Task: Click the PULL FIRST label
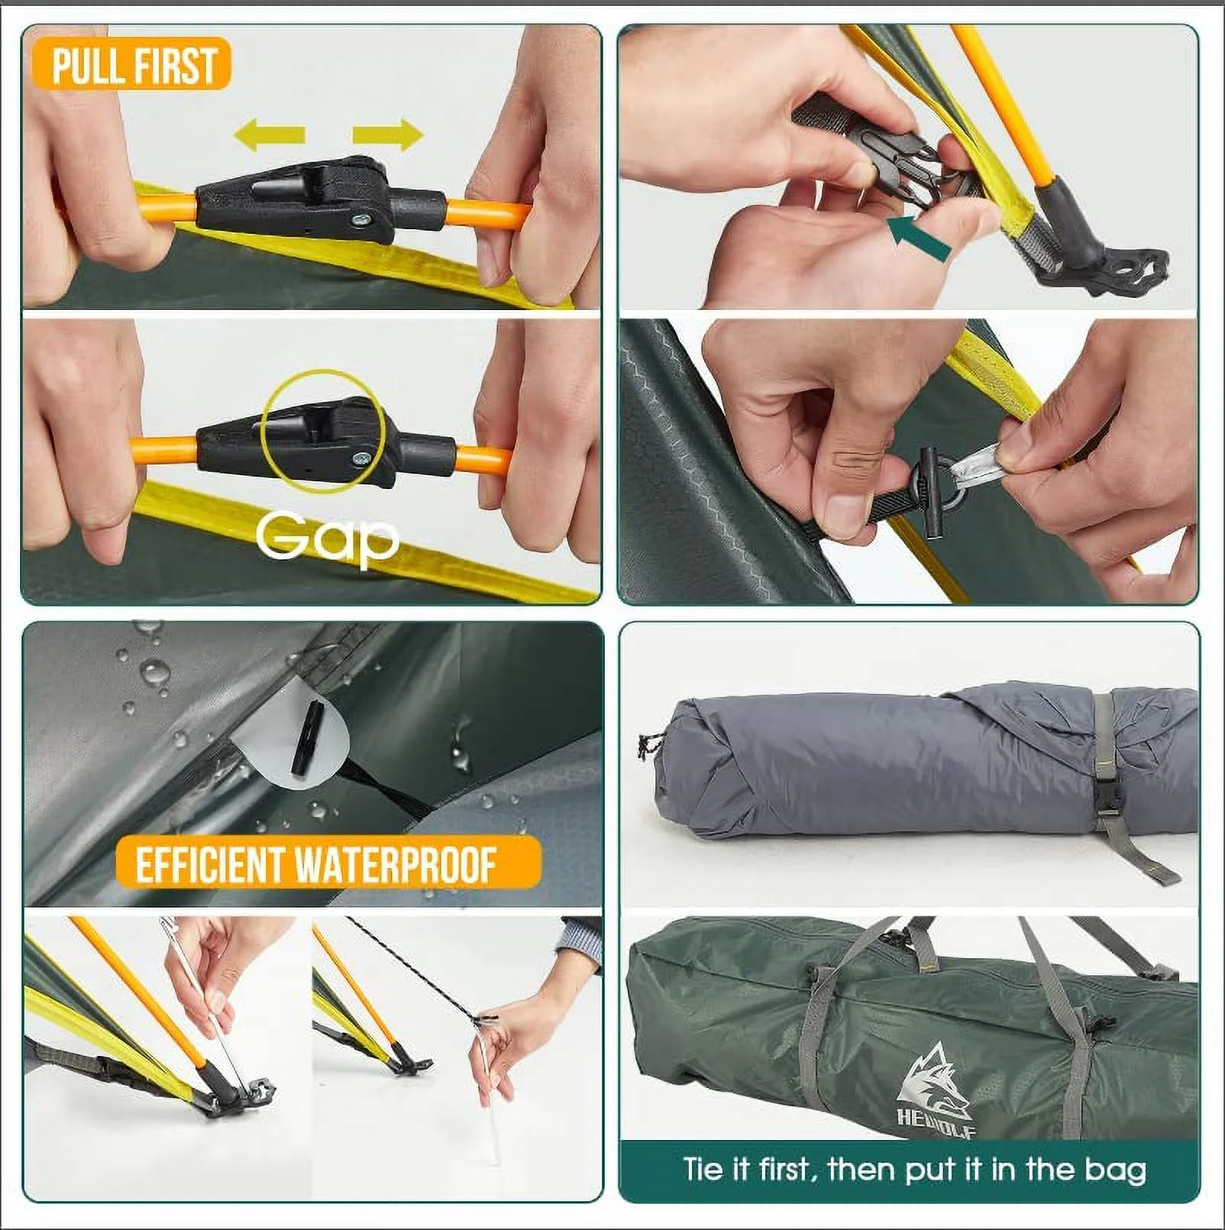[131, 64]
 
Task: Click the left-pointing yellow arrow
[269, 135]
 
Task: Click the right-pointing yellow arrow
[388, 135]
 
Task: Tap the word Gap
[327, 537]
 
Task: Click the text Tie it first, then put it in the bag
[914, 1170]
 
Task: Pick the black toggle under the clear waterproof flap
[307, 738]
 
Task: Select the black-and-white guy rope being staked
[412, 963]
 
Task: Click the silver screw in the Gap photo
[360, 458]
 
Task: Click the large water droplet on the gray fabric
[155, 673]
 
